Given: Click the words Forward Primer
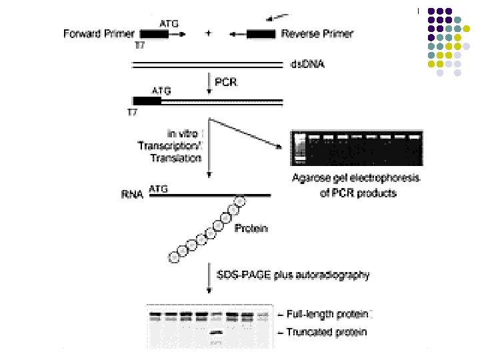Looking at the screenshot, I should pyautogui.click(x=99, y=33).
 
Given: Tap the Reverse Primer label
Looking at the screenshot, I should pyautogui.click(x=317, y=33).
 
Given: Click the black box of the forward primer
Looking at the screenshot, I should pyautogui.click(x=154, y=33).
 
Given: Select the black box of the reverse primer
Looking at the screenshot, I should pyautogui.click(x=261, y=33).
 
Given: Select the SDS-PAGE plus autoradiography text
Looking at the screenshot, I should pyautogui.click(x=293, y=274).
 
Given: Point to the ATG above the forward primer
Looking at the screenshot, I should pyautogui.click(x=161, y=21).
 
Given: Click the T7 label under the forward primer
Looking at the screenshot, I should pyautogui.click(x=139, y=45).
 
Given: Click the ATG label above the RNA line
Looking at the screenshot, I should pyautogui.click(x=159, y=189).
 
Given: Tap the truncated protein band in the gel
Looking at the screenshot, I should pyautogui.click(x=216, y=331).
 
